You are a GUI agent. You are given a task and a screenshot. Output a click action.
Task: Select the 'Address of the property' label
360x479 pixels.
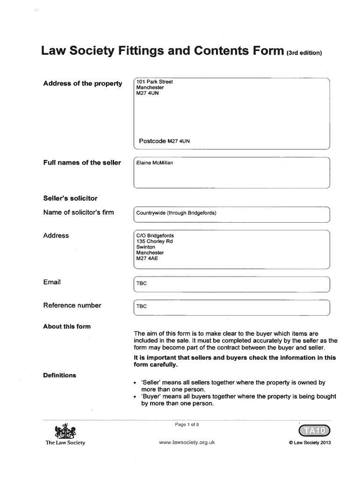click(82, 84)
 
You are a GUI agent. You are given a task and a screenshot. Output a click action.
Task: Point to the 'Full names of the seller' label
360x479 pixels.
click(82, 163)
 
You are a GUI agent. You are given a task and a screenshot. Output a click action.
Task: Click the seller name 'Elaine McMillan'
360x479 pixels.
click(154, 163)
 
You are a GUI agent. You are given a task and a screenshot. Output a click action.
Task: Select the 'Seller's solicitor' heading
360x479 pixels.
click(70, 198)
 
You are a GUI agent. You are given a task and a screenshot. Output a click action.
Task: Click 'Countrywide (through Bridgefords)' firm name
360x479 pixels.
click(176, 213)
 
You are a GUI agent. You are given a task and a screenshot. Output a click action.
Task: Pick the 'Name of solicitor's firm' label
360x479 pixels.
click(78, 213)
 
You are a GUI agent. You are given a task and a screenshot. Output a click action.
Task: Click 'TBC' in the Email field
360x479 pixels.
click(141, 283)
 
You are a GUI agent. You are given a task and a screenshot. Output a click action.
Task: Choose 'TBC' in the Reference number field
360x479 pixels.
click(141, 307)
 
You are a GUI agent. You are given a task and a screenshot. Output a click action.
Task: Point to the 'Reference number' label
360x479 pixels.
click(72, 305)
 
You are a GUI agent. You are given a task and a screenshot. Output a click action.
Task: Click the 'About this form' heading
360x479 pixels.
click(67, 327)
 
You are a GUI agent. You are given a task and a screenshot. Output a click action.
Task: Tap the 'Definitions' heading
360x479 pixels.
click(59, 375)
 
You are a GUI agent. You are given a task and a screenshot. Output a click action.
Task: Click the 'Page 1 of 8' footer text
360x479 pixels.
click(187, 425)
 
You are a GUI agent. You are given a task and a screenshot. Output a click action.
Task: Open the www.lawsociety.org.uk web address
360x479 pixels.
click(187, 443)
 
